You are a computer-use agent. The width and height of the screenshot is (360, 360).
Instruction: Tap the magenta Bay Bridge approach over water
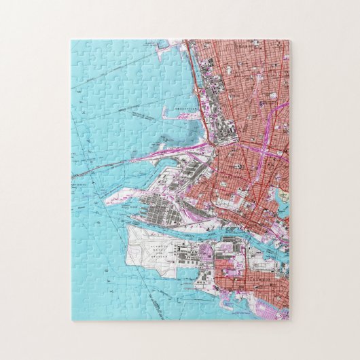[x=163, y=153]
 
